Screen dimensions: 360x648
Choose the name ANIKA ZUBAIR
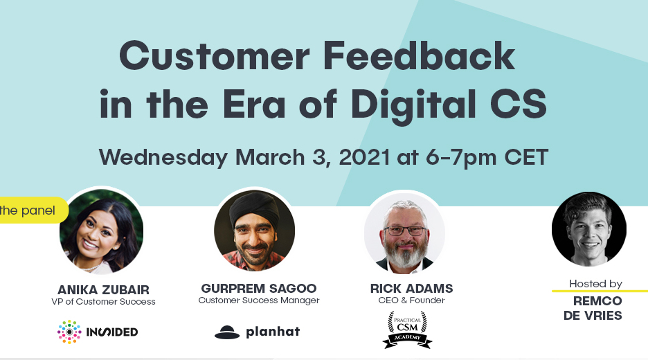coord(103,289)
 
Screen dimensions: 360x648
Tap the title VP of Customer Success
coord(103,301)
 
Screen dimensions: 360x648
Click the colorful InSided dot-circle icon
coord(69,332)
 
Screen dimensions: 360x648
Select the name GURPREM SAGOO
coord(259,288)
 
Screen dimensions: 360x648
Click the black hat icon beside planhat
coord(227,332)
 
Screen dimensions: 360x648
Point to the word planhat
coord(273,332)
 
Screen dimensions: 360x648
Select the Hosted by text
coord(595,284)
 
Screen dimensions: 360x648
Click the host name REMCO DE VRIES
coord(597,308)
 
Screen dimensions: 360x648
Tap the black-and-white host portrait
coord(589,229)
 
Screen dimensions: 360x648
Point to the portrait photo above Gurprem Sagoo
coord(254,231)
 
